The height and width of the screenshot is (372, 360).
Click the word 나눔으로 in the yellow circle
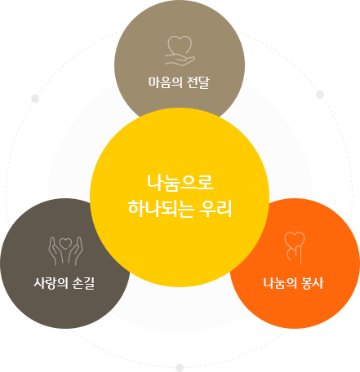(x=180, y=183)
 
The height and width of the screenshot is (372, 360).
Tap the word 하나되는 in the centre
(x=161, y=208)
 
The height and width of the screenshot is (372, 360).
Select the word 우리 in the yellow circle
(x=216, y=208)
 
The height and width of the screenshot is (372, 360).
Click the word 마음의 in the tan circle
(x=165, y=82)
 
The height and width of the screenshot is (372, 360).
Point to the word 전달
(x=198, y=82)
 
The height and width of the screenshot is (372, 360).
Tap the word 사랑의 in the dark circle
(x=51, y=283)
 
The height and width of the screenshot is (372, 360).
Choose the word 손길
(x=83, y=283)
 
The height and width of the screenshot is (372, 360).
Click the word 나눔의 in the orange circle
(x=280, y=283)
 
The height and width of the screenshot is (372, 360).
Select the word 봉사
(x=313, y=283)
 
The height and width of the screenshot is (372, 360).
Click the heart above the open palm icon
(x=180, y=45)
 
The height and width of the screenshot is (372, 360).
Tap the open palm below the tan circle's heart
(x=180, y=60)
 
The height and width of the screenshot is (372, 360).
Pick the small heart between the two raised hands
(x=65, y=243)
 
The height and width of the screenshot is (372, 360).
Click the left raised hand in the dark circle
(x=56, y=251)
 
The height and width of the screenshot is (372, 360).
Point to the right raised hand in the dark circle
(x=76, y=251)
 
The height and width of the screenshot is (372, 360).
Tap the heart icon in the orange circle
(x=295, y=239)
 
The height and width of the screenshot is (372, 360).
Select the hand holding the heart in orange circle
(x=295, y=255)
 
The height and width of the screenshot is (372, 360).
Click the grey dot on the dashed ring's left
(x=35, y=99)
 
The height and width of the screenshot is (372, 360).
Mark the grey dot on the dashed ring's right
(x=320, y=95)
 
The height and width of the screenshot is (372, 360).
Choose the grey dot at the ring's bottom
(x=180, y=368)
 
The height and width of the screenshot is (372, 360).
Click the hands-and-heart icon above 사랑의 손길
(x=65, y=251)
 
